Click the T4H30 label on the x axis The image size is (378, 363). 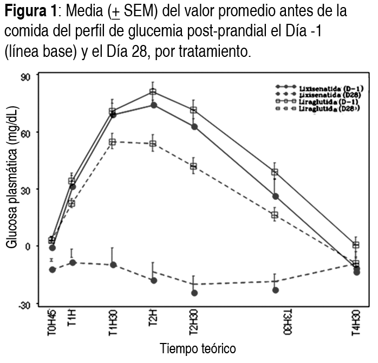coord(356,324)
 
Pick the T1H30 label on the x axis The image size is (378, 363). coord(113,324)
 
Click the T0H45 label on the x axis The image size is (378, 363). coord(52,324)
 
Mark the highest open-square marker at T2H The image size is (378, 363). coord(153,92)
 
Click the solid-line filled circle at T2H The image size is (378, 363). coord(153,105)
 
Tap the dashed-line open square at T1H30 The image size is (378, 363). coord(113,142)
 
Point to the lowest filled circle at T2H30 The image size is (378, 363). coord(194,293)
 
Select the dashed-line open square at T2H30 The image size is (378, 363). coord(193,166)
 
